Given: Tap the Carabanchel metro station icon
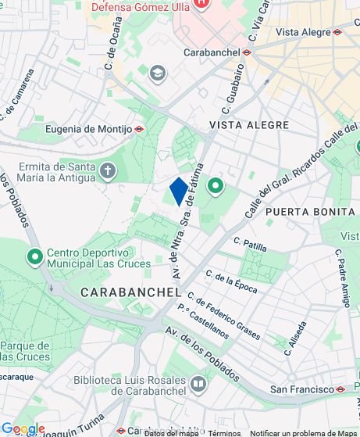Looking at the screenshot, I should tap(246, 52).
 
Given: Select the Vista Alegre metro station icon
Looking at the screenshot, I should tap(337, 32).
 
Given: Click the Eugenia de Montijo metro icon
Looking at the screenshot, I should tap(139, 129).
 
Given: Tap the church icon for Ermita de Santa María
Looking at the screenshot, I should tap(108, 170).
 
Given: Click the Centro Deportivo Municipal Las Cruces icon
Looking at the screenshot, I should tap(34, 256).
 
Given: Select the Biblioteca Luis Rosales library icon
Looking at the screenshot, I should tap(198, 384).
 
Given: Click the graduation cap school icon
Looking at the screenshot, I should tap(159, 73).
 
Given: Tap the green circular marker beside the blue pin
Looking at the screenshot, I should tap(215, 186).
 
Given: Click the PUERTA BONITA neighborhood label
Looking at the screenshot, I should tap(310, 212).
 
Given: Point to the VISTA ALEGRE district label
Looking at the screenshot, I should tap(249, 125).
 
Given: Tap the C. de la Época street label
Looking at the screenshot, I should tap(231, 280).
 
